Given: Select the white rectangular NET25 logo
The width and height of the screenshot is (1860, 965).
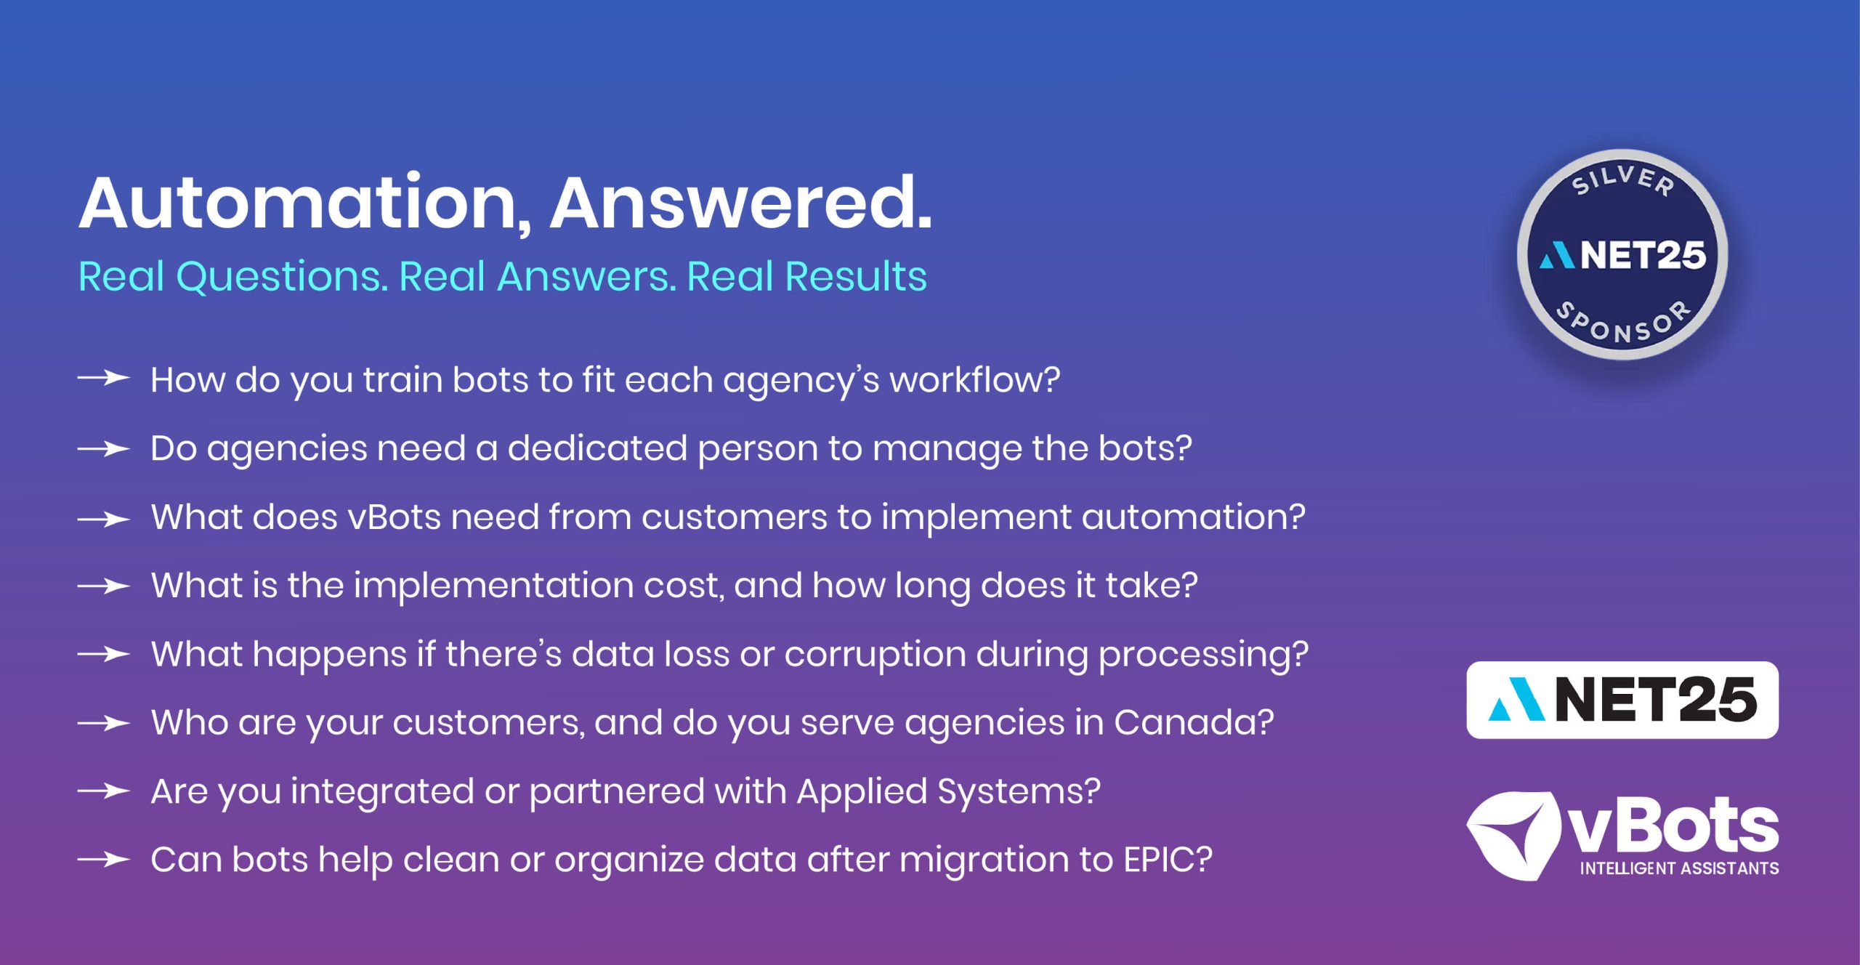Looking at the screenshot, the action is [x=1622, y=700].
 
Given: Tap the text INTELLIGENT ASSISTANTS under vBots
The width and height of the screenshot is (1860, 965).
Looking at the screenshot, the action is [x=1679, y=868].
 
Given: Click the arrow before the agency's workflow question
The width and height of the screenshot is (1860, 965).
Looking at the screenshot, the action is [x=104, y=379].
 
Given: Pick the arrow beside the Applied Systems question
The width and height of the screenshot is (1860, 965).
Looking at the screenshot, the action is [x=104, y=790].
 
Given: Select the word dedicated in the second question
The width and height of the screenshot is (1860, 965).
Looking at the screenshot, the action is [x=597, y=448].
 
